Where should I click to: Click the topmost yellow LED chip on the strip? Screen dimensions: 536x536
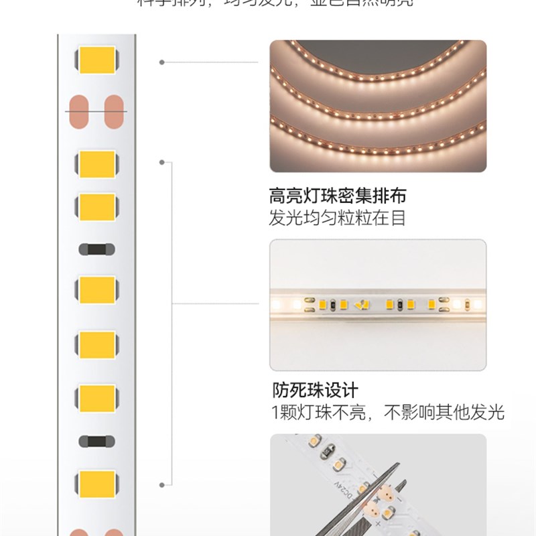(x=96, y=61)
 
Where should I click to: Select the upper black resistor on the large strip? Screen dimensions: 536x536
(x=96, y=249)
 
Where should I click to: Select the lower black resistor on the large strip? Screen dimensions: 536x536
(x=96, y=442)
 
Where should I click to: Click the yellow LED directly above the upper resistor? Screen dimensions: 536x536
(x=96, y=207)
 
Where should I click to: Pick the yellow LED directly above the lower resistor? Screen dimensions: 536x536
(x=96, y=399)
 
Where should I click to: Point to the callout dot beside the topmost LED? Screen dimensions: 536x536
(x=161, y=62)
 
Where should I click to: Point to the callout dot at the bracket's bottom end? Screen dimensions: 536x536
(x=161, y=483)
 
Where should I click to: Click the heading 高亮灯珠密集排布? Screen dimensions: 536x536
(x=338, y=196)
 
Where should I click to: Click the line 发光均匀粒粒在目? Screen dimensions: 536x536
(x=338, y=218)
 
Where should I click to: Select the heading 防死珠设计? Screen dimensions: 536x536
(x=315, y=390)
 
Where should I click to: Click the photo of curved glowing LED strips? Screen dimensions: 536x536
(x=378, y=106)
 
